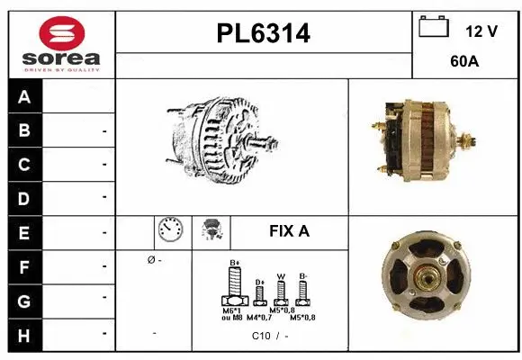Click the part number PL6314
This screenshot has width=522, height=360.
pos(264,34)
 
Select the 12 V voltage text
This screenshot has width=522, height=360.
pos(481,31)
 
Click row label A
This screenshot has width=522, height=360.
pos(24,97)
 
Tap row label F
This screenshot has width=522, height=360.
pos(24,266)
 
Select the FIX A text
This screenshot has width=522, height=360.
pos(289,231)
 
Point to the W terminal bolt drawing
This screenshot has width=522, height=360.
pos(281,291)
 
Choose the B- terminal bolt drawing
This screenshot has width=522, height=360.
pos(303,290)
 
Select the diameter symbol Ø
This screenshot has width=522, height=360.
pos(149,260)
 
